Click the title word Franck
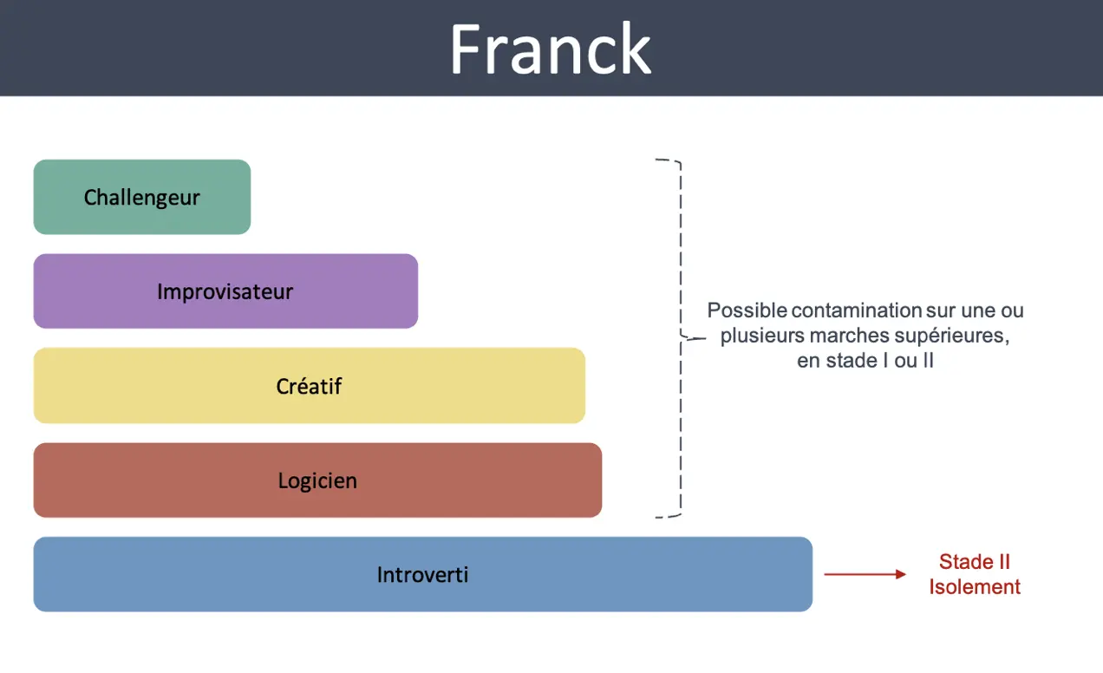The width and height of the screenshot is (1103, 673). [551, 49]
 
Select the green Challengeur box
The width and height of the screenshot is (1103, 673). [142, 197]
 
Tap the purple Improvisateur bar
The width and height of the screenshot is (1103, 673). [225, 291]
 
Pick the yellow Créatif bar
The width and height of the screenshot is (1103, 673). [310, 385]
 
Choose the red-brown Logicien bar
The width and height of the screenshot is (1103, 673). [317, 480]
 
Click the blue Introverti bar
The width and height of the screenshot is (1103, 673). [423, 574]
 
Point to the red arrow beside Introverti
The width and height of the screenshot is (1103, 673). [865, 574]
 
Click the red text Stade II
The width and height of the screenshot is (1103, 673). [975, 562]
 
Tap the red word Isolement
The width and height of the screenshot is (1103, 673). [975, 587]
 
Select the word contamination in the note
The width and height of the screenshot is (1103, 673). [857, 310]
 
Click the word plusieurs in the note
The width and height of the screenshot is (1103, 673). [762, 336]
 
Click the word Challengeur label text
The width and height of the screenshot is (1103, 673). [142, 198]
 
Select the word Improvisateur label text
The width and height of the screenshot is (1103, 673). [225, 291]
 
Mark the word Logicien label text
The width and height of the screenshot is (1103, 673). [317, 480]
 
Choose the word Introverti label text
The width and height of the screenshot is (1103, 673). [422, 574]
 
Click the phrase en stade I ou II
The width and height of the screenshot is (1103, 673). [865, 361]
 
